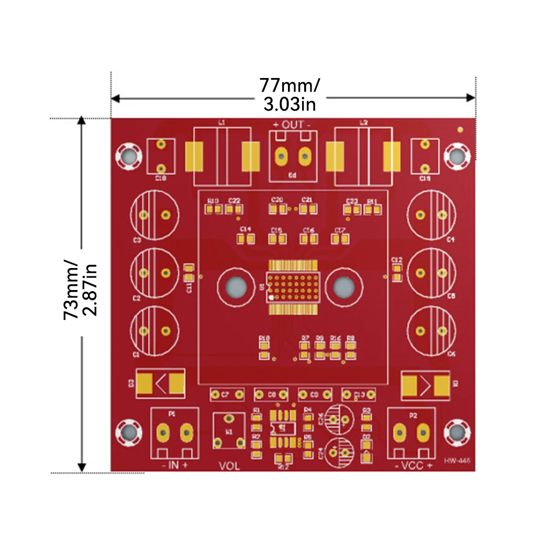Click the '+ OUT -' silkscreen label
(292, 125)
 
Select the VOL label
(229, 465)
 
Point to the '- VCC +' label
(413, 465)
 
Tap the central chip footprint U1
(293, 287)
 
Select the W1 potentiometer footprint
(229, 431)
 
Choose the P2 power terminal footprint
(411, 432)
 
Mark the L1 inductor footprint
(222, 156)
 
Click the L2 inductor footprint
(363, 156)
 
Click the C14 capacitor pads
(246, 239)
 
